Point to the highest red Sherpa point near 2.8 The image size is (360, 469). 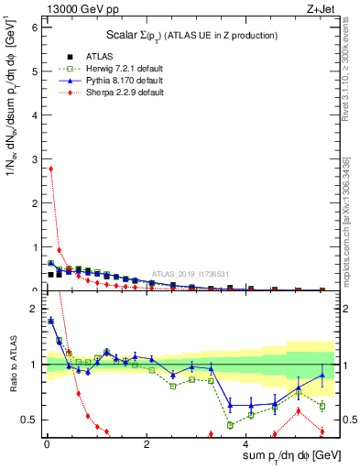pyautogui.click(x=50, y=169)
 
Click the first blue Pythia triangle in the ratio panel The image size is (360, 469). pyautogui.click(x=50, y=321)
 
